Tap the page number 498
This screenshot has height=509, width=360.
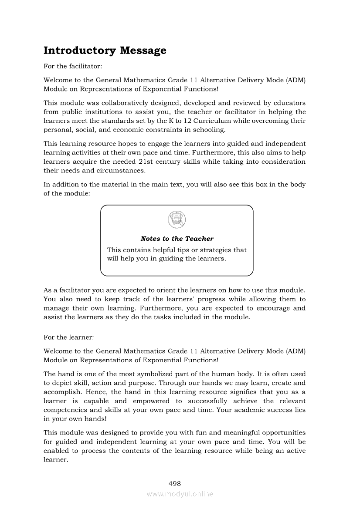[174, 483]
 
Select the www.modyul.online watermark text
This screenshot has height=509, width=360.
[180, 494]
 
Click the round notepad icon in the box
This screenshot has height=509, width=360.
[177, 219]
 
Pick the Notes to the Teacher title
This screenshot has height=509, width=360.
[177, 239]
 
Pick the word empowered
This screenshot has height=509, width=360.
[151, 401]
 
